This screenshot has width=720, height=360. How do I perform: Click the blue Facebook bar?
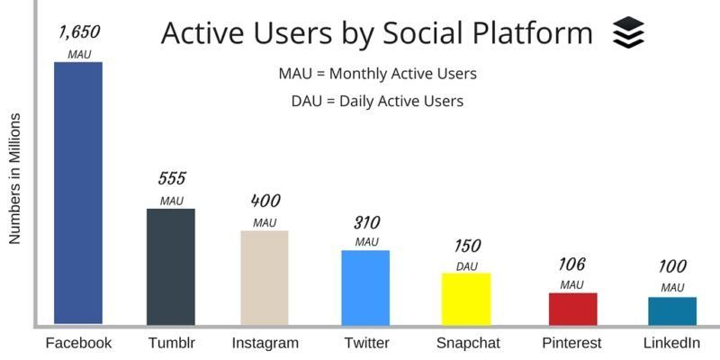[x=78, y=193]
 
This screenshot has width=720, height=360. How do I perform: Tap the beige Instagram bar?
[x=265, y=277]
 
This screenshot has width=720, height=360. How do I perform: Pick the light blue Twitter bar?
[x=365, y=287]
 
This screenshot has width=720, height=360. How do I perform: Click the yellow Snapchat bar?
[x=465, y=298]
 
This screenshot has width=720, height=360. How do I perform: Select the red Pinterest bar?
[x=572, y=308]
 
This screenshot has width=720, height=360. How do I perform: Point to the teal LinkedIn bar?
[x=672, y=310]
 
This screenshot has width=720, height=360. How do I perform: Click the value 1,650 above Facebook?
[x=79, y=32]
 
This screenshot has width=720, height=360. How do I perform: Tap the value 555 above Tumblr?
[x=171, y=178]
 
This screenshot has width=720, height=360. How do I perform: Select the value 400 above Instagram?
[x=265, y=201]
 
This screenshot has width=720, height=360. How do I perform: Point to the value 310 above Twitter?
[x=365, y=221]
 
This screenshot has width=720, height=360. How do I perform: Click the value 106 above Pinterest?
[x=571, y=264]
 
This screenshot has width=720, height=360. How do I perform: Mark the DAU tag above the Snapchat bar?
[x=467, y=265]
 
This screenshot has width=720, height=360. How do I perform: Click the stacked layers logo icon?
[x=628, y=32]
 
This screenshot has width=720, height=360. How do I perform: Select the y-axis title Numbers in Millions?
[x=14, y=180]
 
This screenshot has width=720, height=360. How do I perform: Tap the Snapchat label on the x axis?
[x=469, y=343]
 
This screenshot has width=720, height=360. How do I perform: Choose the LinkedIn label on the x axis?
[x=671, y=343]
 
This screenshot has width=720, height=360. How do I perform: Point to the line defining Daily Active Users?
[x=377, y=101]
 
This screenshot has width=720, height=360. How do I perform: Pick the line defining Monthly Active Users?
[x=377, y=73]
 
